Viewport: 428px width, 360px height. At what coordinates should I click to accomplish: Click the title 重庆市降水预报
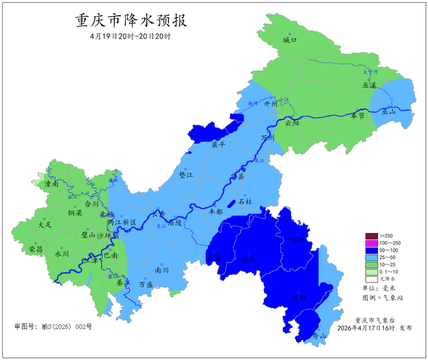click(x=131, y=21)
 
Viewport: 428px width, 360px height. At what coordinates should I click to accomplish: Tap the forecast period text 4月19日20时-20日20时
click(x=130, y=36)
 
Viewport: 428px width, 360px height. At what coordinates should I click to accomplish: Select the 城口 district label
click(x=290, y=40)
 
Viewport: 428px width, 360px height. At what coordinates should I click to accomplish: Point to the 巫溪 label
click(x=369, y=85)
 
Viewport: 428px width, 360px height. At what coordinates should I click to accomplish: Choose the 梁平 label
click(x=218, y=145)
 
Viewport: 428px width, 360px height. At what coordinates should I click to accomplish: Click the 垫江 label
click(x=186, y=175)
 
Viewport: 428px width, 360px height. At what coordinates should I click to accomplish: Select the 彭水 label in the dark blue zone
click(x=248, y=259)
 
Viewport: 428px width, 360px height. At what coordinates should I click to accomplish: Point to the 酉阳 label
click(x=299, y=298)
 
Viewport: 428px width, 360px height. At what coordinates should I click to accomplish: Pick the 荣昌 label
click(x=36, y=249)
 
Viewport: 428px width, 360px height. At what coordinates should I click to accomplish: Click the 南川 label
click(x=162, y=270)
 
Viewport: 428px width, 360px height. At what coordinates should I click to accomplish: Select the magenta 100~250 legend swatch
click(x=372, y=243)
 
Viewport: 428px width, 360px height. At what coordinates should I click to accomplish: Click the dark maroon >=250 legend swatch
click(x=372, y=236)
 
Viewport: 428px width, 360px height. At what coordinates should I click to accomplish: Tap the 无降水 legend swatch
click(x=372, y=279)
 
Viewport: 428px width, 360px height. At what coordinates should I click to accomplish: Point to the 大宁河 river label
click(x=371, y=72)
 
